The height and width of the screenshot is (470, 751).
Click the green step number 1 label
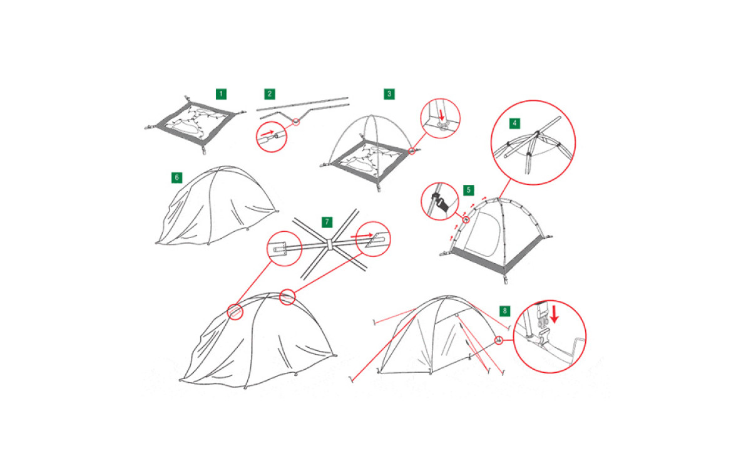[x=221, y=94]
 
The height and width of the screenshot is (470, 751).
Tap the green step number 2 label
[x=270, y=94]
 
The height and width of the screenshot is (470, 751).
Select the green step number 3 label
[x=389, y=94]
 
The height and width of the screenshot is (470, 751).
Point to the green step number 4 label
[x=514, y=123]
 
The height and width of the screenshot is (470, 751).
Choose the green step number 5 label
[x=468, y=190]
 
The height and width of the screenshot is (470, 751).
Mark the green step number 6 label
[x=176, y=177]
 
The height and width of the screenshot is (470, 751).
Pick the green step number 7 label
[x=327, y=222]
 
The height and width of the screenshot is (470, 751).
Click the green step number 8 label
[x=504, y=311]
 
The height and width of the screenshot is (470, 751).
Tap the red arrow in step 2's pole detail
[x=267, y=133]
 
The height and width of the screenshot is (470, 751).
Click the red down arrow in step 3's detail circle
[x=442, y=115]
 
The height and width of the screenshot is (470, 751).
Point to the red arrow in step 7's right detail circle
[x=362, y=236]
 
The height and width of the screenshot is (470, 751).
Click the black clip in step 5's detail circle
[x=440, y=202]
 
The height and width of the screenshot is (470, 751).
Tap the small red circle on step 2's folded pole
[x=295, y=122]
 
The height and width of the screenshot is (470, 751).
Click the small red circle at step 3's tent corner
[x=412, y=151]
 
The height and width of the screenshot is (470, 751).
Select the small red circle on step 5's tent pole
[x=466, y=219]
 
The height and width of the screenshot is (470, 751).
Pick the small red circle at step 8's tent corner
[x=499, y=340]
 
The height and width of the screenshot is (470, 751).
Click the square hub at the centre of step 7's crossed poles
[x=330, y=244]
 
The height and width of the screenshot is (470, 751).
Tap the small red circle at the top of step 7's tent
[x=287, y=297]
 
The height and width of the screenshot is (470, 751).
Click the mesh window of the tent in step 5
[x=483, y=234]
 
